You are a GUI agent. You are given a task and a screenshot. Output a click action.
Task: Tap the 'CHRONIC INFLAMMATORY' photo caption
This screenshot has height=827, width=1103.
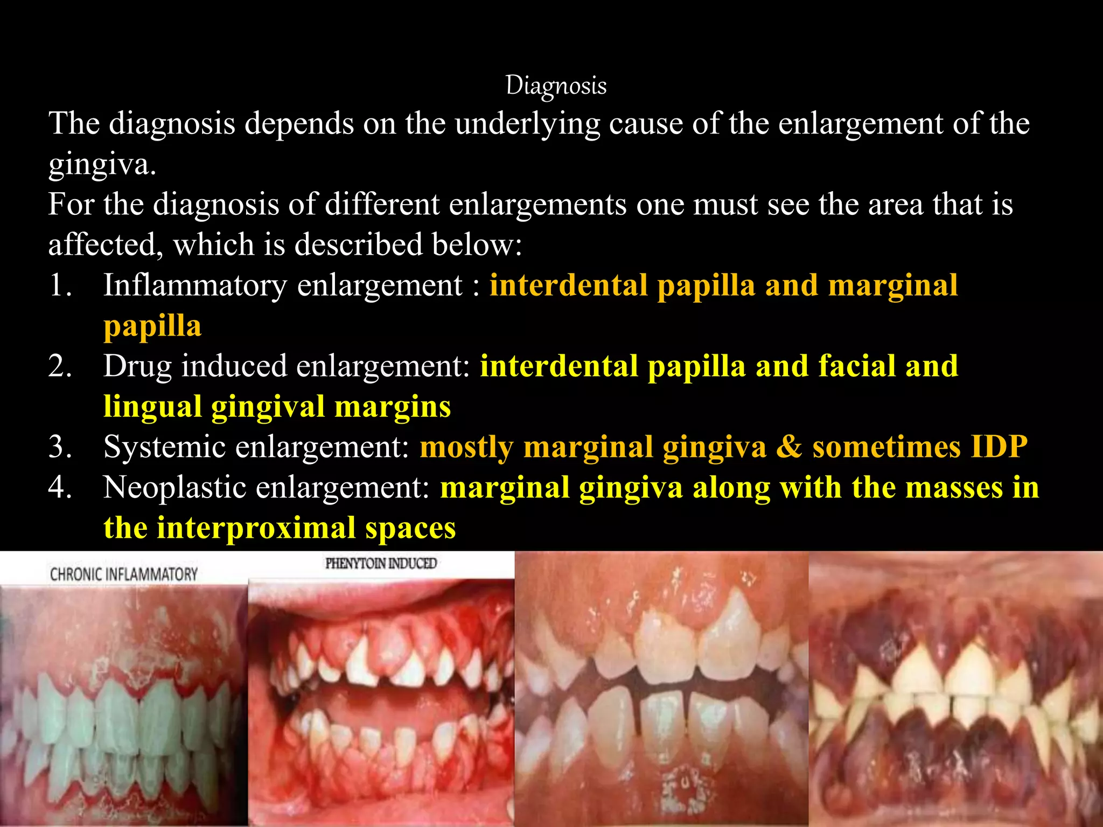pos(124,574)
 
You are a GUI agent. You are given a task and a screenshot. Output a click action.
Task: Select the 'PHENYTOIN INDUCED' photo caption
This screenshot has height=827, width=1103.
pos(381,564)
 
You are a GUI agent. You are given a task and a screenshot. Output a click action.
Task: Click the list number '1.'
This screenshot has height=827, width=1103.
pos(60,285)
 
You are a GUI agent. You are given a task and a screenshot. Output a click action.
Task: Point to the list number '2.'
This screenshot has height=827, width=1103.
pos(60,366)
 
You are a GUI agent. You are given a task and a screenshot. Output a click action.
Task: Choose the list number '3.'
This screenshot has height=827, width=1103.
pos(60,447)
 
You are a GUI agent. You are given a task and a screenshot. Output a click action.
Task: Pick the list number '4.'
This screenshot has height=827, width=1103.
pos(60,487)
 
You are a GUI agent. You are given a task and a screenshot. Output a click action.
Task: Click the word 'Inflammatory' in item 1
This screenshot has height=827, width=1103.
pos(195,285)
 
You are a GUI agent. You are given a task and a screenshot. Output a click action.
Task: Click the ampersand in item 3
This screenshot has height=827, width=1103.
pos(789,447)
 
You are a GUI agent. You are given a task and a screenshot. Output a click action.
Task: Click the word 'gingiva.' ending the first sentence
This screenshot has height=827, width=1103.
pos(102,164)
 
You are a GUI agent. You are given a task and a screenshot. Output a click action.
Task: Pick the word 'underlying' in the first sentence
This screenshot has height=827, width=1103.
pos(527,124)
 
